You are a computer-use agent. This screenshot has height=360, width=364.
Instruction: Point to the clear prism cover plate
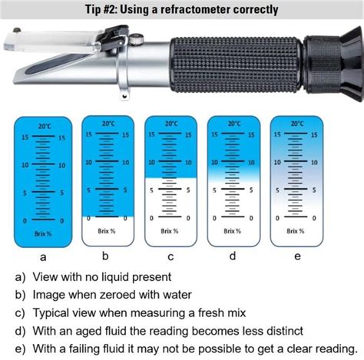(38, 48)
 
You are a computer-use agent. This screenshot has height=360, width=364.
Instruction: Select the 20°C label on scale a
(43, 125)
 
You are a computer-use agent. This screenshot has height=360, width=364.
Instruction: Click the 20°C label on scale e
(297, 124)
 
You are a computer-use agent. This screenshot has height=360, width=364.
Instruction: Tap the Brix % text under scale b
(107, 230)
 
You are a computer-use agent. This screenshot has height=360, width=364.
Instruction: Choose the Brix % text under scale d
(233, 230)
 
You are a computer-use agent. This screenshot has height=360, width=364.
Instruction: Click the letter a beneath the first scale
(43, 258)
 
